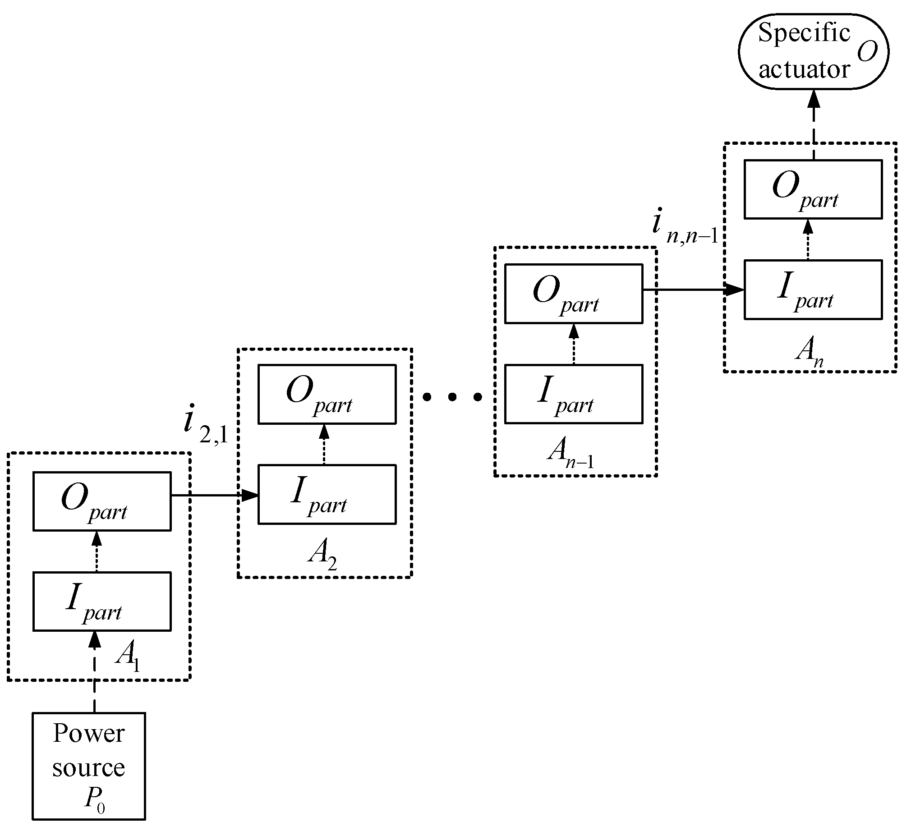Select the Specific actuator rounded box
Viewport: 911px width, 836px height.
point(813,51)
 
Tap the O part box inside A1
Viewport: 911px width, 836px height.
point(102,501)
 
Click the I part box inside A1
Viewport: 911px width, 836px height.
point(102,601)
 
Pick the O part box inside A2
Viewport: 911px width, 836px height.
point(327,394)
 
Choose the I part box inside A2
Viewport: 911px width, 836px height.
point(327,494)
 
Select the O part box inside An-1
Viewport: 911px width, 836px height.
point(573,294)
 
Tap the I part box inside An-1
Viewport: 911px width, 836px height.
point(573,394)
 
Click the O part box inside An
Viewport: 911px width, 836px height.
point(813,189)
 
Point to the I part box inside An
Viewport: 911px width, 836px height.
point(813,289)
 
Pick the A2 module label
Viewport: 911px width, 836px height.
point(322,555)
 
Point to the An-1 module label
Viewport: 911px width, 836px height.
point(570,453)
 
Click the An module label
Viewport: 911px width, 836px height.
point(809,351)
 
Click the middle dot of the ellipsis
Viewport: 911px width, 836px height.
point(452,397)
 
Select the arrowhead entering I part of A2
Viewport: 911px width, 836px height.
point(250,496)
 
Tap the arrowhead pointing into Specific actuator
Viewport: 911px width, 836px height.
point(814,99)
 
